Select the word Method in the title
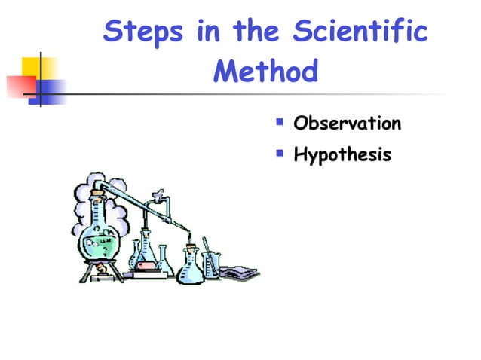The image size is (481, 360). point(265,73)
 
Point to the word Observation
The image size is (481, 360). point(347,123)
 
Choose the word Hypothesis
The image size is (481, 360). point(342,156)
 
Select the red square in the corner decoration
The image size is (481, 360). point(20,84)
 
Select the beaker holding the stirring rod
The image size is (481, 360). point(210,264)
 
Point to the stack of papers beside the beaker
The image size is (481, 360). point(239,268)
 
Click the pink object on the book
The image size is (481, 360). point(146,264)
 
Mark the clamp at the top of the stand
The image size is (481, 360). point(158,197)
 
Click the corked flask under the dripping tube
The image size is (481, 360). point(189,264)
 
